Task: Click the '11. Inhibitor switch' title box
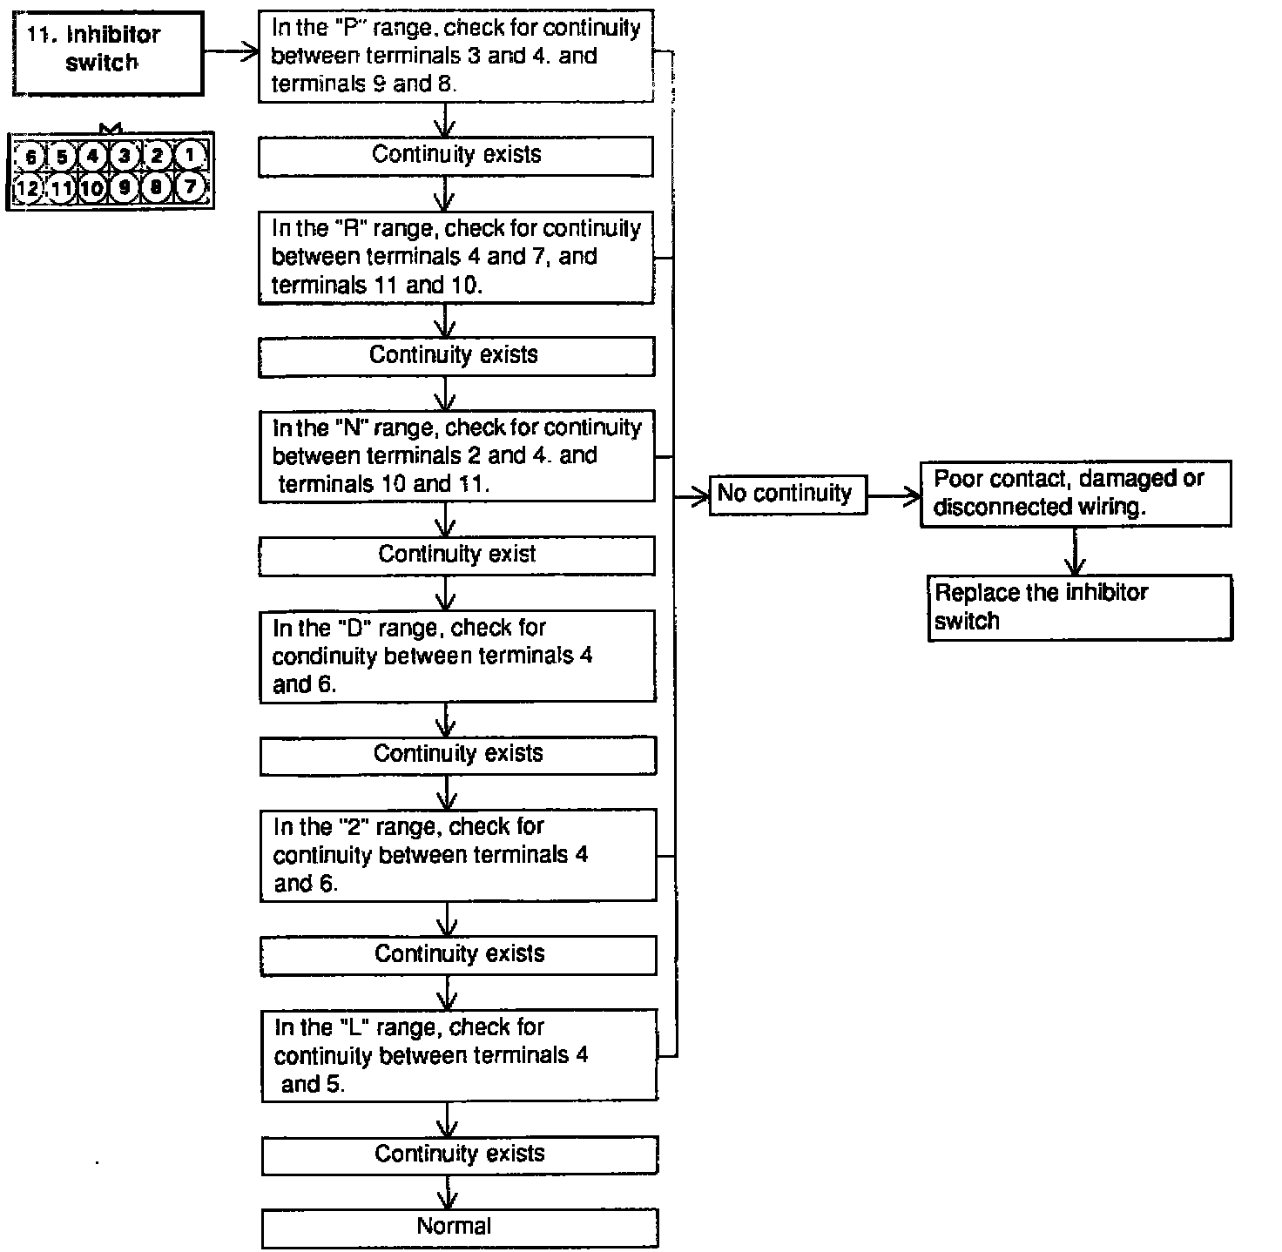coord(109,52)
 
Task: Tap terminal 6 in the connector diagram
coord(30,157)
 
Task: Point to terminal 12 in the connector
coord(28,186)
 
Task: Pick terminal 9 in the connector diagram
coord(125,186)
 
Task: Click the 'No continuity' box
coord(787,495)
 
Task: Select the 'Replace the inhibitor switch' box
coord(1079,608)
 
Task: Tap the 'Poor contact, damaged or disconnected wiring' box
coord(1075,494)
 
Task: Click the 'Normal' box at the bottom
coord(459,1228)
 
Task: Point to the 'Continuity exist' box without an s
coord(456,555)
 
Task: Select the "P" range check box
coord(455,57)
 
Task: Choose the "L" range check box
coord(459,1055)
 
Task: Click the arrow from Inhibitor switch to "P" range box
coord(232,52)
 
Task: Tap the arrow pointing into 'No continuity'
coord(693,496)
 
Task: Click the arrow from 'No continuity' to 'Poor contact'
coord(894,496)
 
